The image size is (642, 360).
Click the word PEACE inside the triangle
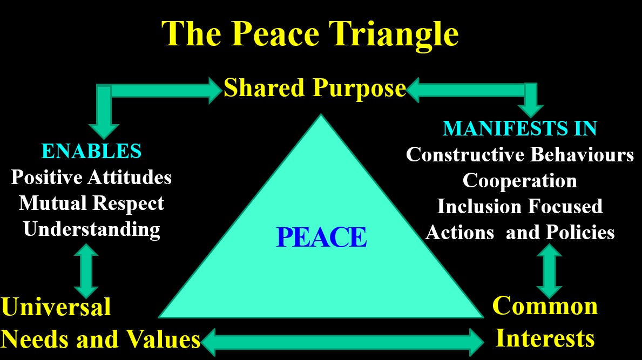(x=321, y=237)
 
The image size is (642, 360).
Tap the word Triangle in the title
(x=394, y=35)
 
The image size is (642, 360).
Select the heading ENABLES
(x=91, y=151)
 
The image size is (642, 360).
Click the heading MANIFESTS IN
(x=520, y=128)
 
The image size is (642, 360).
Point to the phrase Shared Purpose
(x=314, y=89)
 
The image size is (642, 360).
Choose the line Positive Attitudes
(x=91, y=178)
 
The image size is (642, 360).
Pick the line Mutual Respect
(x=91, y=203)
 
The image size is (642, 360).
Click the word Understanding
(x=91, y=229)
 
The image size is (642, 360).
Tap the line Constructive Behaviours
(x=520, y=155)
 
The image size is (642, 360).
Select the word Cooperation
(x=520, y=181)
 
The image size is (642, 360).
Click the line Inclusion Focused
(x=520, y=206)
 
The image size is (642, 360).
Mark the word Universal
(x=56, y=307)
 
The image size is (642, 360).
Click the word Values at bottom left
(x=163, y=339)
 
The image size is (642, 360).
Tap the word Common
(x=545, y=306)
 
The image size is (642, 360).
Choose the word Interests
(x=545, y=338)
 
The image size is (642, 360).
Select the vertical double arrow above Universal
(x=86, y=271)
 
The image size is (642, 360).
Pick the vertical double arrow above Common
(x=549, y=271)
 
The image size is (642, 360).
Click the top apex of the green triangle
(x=321, y=115)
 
